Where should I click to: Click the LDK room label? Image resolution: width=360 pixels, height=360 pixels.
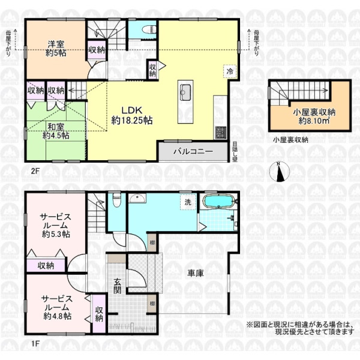132,115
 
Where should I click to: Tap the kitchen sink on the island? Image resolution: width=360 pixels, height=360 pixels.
185,92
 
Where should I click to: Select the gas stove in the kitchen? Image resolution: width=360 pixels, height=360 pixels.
220,133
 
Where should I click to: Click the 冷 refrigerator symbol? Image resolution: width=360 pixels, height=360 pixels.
230,71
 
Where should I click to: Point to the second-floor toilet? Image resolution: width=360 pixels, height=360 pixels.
149,29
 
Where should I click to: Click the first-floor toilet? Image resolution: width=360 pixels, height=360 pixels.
116,199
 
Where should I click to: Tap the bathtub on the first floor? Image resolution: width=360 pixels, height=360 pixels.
219,201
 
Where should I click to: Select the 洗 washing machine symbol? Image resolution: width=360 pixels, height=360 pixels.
188,202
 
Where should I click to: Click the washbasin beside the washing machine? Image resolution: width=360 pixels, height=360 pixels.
137,198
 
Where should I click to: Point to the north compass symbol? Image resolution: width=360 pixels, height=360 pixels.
279,172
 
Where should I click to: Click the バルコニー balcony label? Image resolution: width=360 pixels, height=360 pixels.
193,152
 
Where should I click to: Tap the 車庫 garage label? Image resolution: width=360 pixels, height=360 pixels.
196,273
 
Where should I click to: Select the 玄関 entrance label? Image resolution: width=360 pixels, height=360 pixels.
117,286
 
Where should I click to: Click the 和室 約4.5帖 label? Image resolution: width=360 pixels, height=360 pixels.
56,131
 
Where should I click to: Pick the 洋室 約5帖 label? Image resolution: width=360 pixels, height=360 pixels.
56,49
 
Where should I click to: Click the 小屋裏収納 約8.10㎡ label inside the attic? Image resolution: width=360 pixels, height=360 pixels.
314,116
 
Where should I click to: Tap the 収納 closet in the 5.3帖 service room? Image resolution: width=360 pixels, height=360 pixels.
46,266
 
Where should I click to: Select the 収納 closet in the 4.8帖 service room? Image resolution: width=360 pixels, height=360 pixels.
100,314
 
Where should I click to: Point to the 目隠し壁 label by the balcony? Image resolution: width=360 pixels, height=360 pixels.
235,152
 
